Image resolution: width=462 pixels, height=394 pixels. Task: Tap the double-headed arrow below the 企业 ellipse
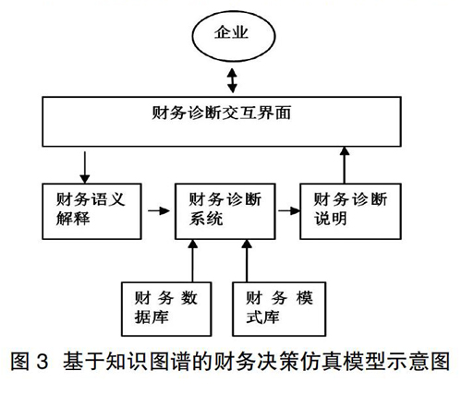point(232,80)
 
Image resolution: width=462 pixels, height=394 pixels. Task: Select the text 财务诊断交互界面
point(222,113)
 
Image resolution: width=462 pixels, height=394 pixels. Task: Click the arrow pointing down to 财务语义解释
point(85,167)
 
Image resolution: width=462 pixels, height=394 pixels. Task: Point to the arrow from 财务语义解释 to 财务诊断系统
point(159,210)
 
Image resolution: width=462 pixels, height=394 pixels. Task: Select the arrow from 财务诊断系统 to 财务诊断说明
point(289,210)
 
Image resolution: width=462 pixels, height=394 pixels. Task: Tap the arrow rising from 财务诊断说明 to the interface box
point(345,165)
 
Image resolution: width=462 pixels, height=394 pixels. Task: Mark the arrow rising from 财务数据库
point(193,261)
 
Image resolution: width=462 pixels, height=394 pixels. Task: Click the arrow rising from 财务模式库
point(247,261)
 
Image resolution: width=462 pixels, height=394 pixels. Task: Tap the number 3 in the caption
point(43,362)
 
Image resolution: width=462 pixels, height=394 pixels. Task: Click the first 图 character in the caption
point(20,362)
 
